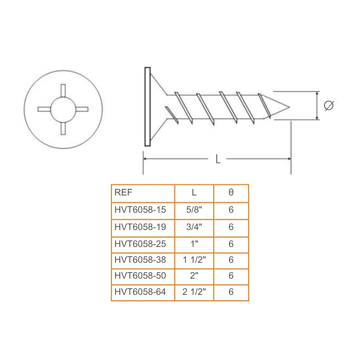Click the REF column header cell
coord(143,193)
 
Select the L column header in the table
coord(194,193)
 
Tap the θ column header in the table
coord(231,193)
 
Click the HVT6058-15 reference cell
coord(143,210)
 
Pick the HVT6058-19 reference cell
coord(143,227)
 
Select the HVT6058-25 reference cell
coord(143,244)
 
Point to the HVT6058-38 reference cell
coord(143,260)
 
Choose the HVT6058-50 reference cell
coord(143,276)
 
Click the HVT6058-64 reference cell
coord(143,292)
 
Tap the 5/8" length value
coord(194,210)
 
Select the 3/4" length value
coord(194,227)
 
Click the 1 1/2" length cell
coord(194,260)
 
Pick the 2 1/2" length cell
coord(194,292)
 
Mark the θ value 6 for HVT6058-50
coord(231,276)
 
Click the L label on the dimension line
coord(218,159)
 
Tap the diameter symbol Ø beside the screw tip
coord(328,106)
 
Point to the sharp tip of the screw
coord(289,107)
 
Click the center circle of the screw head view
coord(63,109)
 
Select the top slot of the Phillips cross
coord(63,90)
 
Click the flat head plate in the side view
coord(147,107)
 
